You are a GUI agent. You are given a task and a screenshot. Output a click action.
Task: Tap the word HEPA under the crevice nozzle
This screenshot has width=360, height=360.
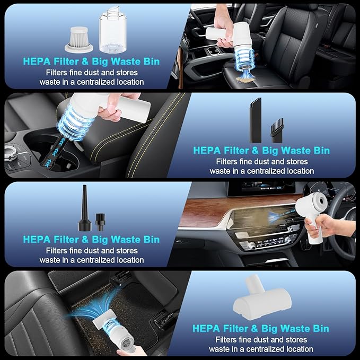(x=207, y=151)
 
